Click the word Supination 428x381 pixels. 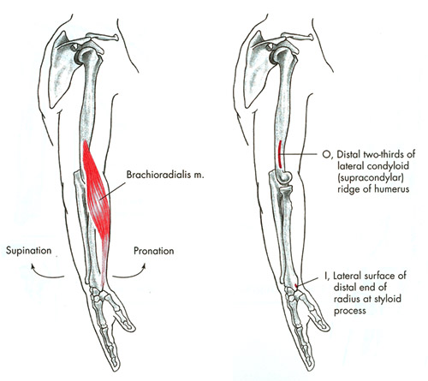(29, 251)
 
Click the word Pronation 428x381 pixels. (154, 251)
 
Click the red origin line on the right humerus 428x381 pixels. (280, 154)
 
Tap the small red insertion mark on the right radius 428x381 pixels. (296, 286)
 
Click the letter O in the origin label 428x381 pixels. (326, 154)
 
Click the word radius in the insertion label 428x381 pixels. (347, 299)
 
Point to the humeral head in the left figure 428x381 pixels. (88, 56)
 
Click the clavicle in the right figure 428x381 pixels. (297, 37)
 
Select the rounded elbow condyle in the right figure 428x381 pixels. (284, 177)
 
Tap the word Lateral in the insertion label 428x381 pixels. (348, 276)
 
